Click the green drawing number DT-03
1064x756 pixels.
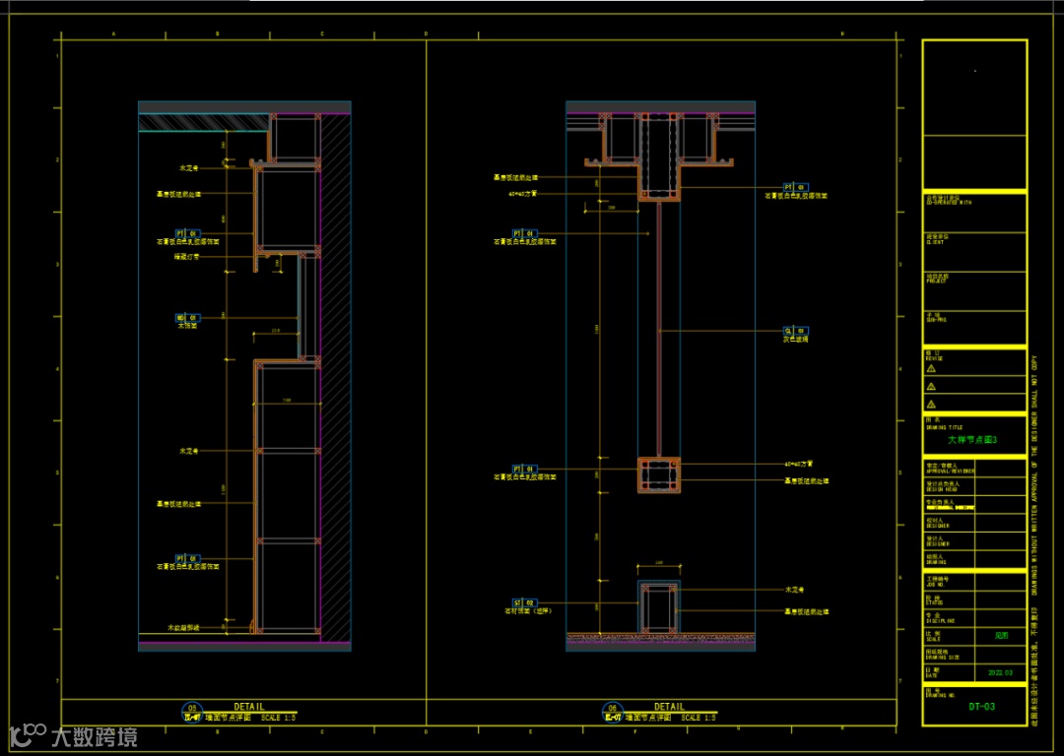[x=982, y=706]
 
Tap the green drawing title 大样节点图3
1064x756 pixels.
[x=973, y=440]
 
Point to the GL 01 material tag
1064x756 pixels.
[x=795, y=331]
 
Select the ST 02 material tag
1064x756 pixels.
[x=523, y=602]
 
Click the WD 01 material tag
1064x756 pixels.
[x=187, y=318]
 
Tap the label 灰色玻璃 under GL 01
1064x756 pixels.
[x=795, y=340]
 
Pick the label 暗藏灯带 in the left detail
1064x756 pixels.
[x=187, y=257]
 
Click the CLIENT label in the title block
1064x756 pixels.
[x=938, y=241]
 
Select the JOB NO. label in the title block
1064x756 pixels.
[x=938, y=584]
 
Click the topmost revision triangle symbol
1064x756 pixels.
[x=931, y=369]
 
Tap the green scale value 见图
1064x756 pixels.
[x=1000, y=637]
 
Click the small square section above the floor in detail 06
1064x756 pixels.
[x=659, y=604]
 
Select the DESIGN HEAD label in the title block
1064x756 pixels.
[x=940, y=489]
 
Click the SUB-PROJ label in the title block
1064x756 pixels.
[x=937, y=320]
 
